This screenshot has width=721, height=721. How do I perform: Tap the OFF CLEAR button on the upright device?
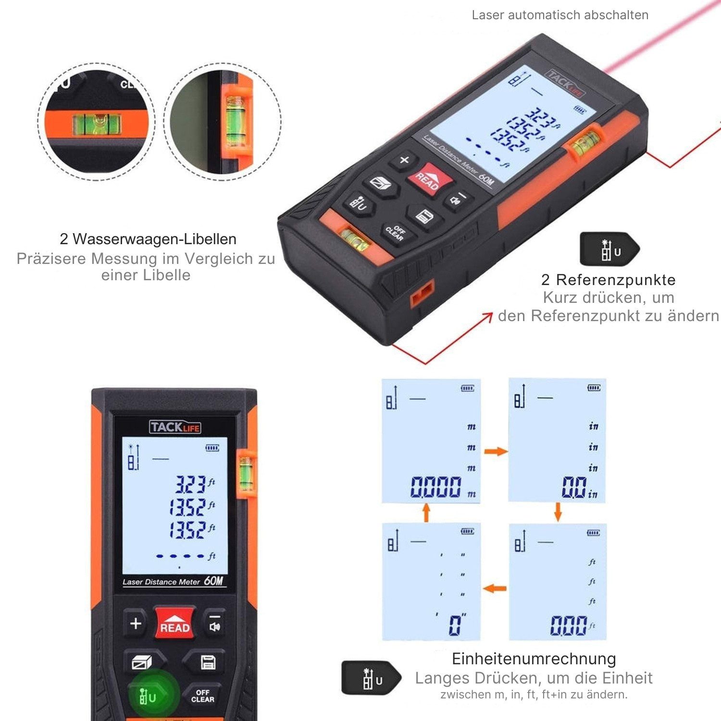[202, 696]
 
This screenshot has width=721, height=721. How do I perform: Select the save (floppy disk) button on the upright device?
[208, 662]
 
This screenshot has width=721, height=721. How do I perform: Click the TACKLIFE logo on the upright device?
[175, 427]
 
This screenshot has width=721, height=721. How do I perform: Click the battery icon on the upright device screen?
[212, 448]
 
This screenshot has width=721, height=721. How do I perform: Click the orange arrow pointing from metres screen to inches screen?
[496, 451]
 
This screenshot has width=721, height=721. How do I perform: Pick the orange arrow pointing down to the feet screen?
[558, 512]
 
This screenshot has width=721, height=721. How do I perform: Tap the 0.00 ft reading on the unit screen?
[569, 626]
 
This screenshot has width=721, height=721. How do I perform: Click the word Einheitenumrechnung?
[534, 659]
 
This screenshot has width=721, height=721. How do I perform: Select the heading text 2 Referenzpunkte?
[608, 280]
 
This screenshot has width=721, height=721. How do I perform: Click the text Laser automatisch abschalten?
[560, 15]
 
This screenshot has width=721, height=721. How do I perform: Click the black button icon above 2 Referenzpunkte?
[609, 249]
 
